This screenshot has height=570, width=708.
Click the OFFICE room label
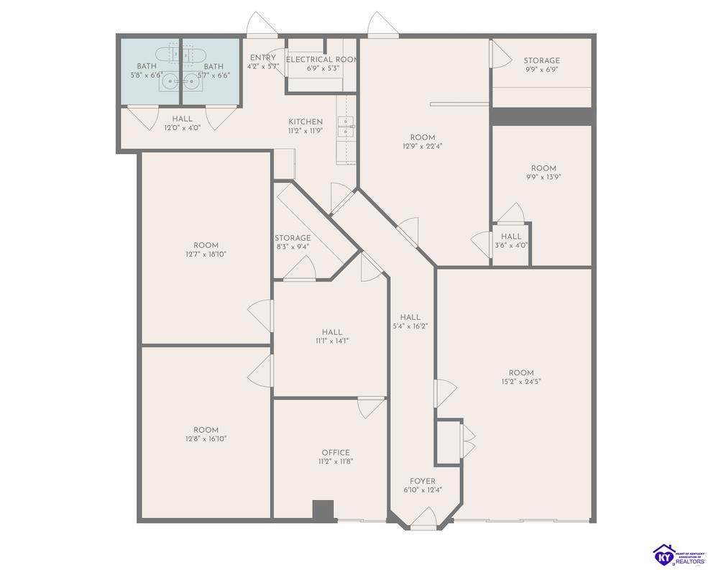click(336, 453)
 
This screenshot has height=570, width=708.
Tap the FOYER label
click(423, 481)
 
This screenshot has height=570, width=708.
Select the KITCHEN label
click(305, 122)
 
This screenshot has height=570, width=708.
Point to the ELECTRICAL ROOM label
click(322, 60)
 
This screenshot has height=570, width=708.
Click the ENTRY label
click(263, 58)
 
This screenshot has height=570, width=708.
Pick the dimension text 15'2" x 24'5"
click(521, 382)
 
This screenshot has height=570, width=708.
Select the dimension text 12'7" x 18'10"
click(206, 254)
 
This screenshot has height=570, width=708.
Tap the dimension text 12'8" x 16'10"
click(206, 438)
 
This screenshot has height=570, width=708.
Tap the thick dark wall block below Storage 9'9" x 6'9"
click(541, 116)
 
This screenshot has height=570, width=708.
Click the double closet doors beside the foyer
click(467, 441)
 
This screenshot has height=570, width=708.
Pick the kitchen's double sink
click(346, 126)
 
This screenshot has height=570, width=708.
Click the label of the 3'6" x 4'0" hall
click(511, 236)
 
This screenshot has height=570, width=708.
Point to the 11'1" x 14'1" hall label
click(332, 332)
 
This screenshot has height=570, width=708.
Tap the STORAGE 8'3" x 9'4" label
click(293, 238)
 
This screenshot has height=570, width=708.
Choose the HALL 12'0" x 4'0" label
click(182, 119)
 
